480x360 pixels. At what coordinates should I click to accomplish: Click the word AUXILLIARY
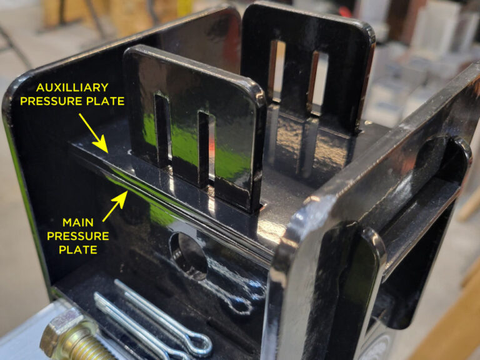[x=72, y=87]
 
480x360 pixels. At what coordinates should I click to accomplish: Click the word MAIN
[x=78, y=222]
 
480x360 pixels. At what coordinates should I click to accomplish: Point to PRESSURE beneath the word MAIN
[x=78, y=236]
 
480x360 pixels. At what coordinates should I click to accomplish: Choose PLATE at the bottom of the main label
[x=78, y=249]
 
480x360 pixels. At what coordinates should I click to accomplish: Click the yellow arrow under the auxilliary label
[x=93, y=133]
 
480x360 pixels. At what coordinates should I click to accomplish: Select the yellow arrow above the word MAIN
[x=115, y=206]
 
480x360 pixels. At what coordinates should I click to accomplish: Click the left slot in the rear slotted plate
[x=277, y=71]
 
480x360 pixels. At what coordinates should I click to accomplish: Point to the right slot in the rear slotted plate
[x=317, y=82]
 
